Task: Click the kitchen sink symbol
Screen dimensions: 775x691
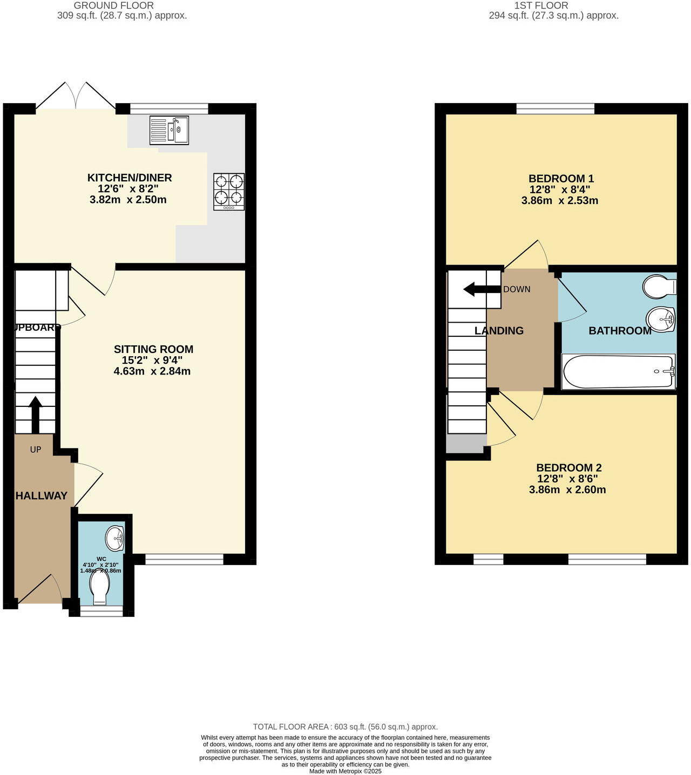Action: point(169,131)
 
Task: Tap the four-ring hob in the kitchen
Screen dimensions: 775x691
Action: point(229,191)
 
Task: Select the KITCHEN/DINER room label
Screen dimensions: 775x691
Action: point(130,178)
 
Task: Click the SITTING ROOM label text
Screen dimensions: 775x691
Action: point(153,349)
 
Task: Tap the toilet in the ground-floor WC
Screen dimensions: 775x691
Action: point(100,588)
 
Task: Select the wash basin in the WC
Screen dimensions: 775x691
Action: point(116,538)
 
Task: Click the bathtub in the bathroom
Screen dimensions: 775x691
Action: point(618,371)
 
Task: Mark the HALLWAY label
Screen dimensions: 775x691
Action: point(41,495)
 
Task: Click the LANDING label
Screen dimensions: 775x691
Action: point(499,331)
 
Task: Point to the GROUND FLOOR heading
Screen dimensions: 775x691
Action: point(113,5)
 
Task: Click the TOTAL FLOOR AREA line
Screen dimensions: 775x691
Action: point(345,727)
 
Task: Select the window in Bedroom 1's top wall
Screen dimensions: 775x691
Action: point(555,108)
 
